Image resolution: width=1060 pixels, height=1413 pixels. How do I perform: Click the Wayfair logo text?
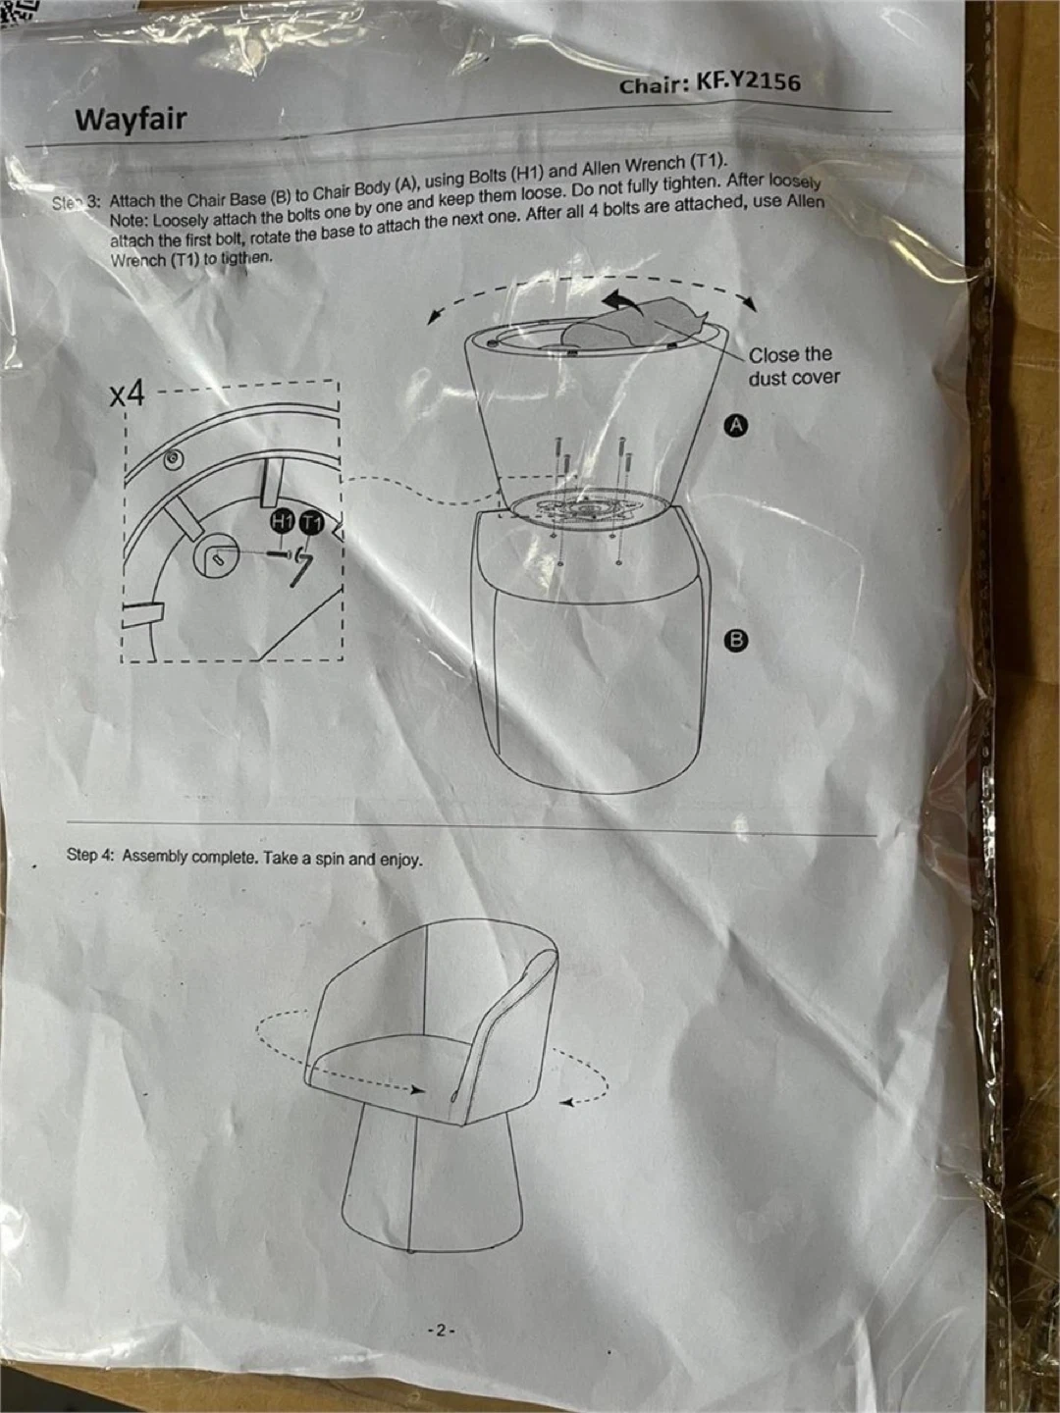coord(131,120)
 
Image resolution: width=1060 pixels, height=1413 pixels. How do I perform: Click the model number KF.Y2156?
coord(749,81)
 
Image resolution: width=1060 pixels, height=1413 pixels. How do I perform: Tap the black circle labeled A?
coord(737,425)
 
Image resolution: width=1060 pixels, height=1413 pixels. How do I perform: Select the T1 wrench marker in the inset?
coord(311,523)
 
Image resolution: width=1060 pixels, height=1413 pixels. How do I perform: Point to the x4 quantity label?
coord(128,395)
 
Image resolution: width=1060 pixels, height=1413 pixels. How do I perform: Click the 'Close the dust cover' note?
coord(794,366)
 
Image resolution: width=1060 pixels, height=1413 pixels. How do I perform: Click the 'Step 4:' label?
coord(90,856)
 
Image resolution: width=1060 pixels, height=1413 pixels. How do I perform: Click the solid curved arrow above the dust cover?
coord(623,300)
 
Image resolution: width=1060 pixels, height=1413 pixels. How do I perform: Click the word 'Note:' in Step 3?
coord(130,220)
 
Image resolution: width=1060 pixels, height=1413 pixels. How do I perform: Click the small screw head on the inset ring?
coord(174,458)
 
